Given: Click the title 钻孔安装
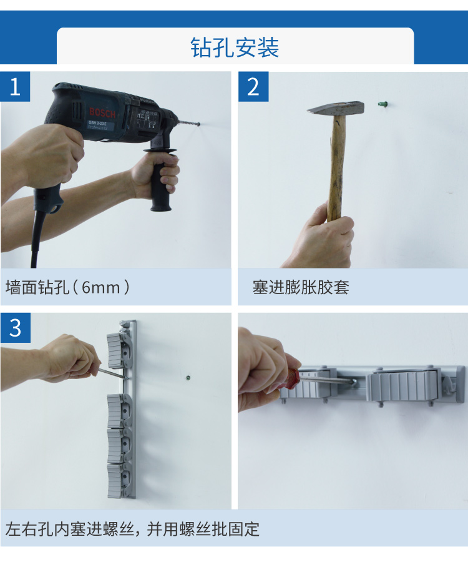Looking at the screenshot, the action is coord(235,47).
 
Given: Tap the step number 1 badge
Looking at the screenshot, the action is coord(15,86).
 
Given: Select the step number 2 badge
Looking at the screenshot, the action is coord(253,86).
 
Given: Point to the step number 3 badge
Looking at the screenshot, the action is coord(15,328).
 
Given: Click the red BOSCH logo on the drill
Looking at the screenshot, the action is coord(102,112).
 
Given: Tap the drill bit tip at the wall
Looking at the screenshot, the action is coord(199,124).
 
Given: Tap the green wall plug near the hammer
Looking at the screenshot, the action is coord(383,104).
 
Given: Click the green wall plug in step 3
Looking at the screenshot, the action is coord(188,378).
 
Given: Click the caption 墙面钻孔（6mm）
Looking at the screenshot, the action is coord(67,287).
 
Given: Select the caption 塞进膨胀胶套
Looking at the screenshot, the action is coord(301,287).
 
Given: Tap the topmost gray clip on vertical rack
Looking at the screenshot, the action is coord(118,350).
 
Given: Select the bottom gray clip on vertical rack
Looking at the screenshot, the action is coord(117,481).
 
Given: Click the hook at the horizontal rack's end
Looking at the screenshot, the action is coord(448,385).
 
